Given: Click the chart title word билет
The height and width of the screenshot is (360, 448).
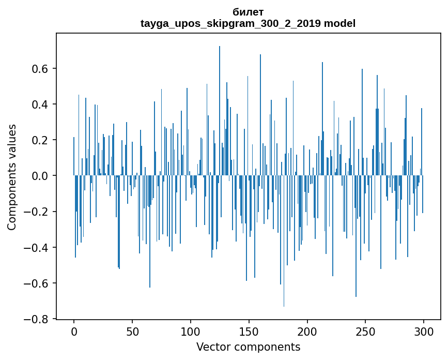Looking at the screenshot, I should pos(248,12).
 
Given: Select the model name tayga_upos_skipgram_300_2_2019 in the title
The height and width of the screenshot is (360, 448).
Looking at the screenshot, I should pos(230,24).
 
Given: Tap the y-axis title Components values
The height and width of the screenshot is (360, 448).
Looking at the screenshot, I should pos(12,177).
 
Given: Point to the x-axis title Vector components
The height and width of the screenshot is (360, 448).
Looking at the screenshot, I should pos(248,347).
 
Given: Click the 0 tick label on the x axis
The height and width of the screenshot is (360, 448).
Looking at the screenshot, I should pos(74,331).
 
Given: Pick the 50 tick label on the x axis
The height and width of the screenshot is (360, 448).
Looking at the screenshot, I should pos(132,331).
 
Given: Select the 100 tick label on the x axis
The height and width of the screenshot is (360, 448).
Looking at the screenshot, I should pos(191,331).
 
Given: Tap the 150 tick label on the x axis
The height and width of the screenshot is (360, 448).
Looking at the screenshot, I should pos(249,331).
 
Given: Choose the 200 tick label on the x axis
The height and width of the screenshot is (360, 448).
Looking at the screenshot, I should pos(307,331).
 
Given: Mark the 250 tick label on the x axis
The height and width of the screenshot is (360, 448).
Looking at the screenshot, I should pos(366,331).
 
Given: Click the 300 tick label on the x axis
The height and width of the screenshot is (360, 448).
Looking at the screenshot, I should pos(424,331).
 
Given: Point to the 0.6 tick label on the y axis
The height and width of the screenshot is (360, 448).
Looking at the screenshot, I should pos(41,69).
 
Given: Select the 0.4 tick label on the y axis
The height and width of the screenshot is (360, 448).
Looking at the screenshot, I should pos(41,104).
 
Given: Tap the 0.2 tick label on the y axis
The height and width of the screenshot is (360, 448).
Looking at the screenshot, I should pos(41,140).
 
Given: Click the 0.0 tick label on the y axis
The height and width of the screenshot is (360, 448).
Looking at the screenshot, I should pos(41,176).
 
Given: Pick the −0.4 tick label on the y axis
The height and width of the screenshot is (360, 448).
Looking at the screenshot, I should pos(38,248).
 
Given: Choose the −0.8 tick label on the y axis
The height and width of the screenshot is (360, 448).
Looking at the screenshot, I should pos(38,319).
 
